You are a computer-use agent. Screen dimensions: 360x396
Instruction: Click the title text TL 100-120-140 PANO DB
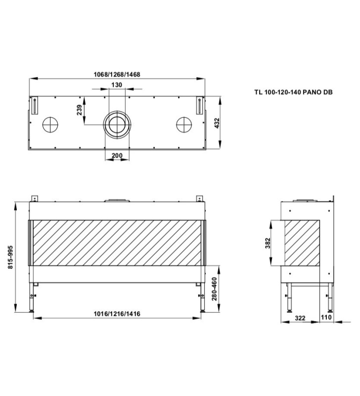tap(293, 92)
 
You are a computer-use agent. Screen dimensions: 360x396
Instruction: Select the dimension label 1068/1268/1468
tap(117, 75)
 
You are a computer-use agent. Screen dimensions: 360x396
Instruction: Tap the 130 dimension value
tap(117, 85)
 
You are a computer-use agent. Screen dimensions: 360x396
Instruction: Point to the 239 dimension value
tap(80, 110)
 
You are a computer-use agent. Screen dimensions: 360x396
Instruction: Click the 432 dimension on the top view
tap(217, 123)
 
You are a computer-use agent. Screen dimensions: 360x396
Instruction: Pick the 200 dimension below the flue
tap(117, 155)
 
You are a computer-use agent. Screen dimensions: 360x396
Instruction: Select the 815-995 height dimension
tap(10, 257)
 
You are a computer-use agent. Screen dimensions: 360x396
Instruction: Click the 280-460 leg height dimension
tap(214, 289)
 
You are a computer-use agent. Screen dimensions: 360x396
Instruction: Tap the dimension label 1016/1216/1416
tap(117, 314)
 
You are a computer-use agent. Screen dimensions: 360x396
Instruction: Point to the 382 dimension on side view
tap(268, 243)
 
